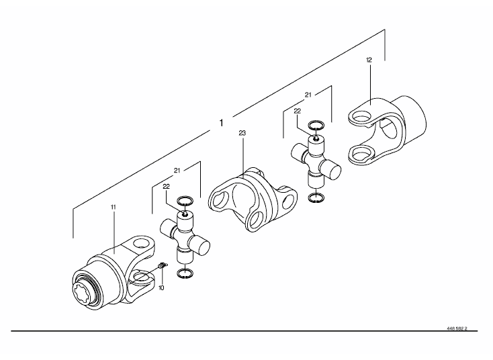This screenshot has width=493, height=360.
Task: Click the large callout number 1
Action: point(222,123)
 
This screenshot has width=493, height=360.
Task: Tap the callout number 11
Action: point(114,207)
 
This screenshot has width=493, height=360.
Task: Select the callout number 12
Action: point(369,60)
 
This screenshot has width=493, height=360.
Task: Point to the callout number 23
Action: point(242,133)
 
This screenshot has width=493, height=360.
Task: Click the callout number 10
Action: point(161,287)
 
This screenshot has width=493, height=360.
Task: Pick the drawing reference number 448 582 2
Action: point(457,328)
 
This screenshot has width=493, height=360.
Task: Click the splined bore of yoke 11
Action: point(83,292)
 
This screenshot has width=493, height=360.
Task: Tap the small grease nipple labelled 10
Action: point(163,266)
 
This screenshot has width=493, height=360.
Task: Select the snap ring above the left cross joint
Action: point(185,201)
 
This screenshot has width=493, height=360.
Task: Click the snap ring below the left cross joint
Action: point(185,273)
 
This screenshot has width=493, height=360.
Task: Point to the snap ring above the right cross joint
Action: point(316,125)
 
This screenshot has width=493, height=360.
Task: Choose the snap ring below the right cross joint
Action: point(316,198)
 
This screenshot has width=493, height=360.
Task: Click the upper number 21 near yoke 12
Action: point(308,95)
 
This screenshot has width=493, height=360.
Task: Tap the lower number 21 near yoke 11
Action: point(177,171)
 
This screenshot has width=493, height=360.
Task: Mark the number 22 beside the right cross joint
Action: point(297,111)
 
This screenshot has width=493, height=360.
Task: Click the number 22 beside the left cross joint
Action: point(167,187)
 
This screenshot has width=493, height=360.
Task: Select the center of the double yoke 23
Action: point(253,200)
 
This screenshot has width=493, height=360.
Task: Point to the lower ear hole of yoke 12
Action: point(359,154)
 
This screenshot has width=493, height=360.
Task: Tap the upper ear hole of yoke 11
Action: point(141,244)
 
